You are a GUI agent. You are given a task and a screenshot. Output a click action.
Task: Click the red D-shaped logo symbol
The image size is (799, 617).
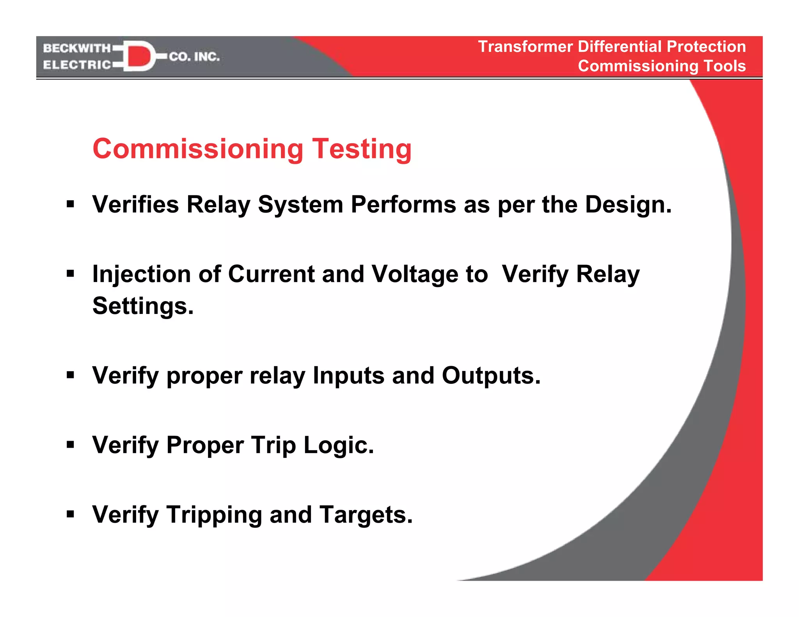(x=138, y=56)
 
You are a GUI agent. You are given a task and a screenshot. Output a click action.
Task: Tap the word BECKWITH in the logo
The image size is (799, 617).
(x=77, y=48)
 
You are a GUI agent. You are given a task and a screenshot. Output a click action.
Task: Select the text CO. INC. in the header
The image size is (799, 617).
(x=194, y=57)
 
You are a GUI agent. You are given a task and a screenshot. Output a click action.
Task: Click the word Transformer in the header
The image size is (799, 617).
(x=525, y=47)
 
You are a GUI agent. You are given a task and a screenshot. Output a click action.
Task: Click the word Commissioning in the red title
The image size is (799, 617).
(x=198, y=149)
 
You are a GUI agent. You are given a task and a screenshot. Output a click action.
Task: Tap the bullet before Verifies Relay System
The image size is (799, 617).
(x=70, y=204)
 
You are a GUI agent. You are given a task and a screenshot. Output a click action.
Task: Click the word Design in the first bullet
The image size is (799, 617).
(x=628, y=204)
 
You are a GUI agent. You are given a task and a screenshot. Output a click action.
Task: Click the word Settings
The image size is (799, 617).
(x=143, y=306)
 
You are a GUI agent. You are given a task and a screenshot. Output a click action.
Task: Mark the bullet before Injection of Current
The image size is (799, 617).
(x=70, y=273)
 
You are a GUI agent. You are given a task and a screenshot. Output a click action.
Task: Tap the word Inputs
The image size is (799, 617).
(x=348, y=376)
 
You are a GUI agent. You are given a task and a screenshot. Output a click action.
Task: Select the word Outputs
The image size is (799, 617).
(x=491, y=376)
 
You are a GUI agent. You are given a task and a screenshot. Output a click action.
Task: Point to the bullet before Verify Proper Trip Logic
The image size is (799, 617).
(x=70, y=444)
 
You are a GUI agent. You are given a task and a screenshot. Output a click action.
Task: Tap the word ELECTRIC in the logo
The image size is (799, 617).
(x=77, y=65)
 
